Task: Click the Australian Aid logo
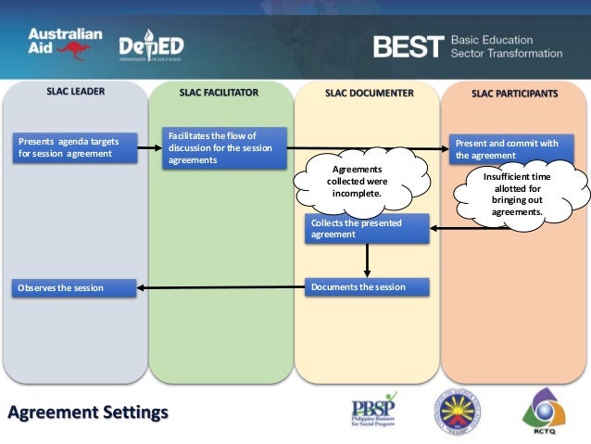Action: click(x=65, y=43)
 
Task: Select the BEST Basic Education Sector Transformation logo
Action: click(x=467, y=47)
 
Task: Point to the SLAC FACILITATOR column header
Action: click(x=219, y=93)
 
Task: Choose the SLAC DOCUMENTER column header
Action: click(x=369, y=93)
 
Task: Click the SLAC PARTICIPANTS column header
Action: click(x=514, y=94)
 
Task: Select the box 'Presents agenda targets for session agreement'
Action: click(x=74, y=147)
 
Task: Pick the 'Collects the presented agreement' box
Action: click(x=367, y=228)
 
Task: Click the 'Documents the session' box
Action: click(x=368, y=287)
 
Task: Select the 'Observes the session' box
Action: click(x=74, y=288)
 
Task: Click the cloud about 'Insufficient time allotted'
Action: click(x=518, y=193)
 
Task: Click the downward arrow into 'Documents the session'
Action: click(x=368, y=260)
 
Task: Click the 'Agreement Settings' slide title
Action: click(x=88, y=411)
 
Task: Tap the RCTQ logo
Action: click(x=546, y=410)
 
